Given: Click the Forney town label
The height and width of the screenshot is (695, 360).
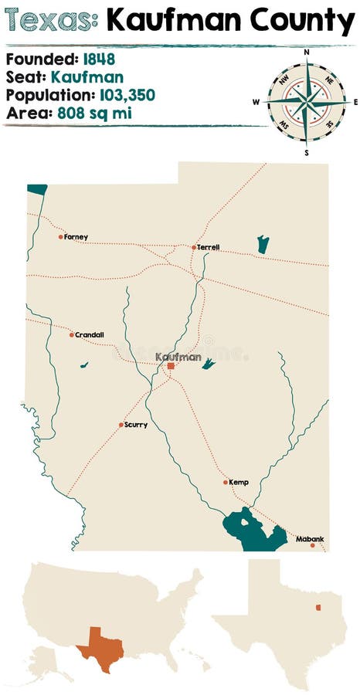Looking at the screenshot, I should [x=76, y=237].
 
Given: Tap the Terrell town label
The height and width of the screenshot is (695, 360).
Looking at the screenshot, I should [x=209, y=247].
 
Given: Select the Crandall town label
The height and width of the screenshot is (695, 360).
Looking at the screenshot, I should [x=90, y=334].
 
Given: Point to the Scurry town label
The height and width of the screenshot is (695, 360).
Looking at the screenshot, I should [x=135, y=425].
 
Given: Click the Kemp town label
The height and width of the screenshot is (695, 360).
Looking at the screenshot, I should [x=239, y=482].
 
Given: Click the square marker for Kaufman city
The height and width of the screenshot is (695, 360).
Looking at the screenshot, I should [x=171, y=366].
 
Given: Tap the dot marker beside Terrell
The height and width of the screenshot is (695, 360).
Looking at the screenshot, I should [x=194, y=247].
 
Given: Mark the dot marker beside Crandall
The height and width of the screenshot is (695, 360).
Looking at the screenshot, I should [x=72, y=334].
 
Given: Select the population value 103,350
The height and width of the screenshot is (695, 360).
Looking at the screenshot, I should [x=127, y=95].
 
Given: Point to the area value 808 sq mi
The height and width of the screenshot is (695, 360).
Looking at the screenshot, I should [x=85, y=113].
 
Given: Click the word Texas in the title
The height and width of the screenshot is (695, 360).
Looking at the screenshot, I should [x=51, y=21].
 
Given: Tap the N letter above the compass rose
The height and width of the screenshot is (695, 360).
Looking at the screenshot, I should [x=307, y=53].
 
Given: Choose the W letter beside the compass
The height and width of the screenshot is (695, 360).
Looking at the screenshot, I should [x=256, y=102].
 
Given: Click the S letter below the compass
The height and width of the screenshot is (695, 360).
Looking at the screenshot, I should [x=307, y=152].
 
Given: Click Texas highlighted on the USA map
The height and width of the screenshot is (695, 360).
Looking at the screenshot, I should [x=101, y=648].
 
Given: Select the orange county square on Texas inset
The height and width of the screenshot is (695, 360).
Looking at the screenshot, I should [x=318, y=607].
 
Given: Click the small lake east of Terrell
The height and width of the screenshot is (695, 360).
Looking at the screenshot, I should [x=263, y=245].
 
